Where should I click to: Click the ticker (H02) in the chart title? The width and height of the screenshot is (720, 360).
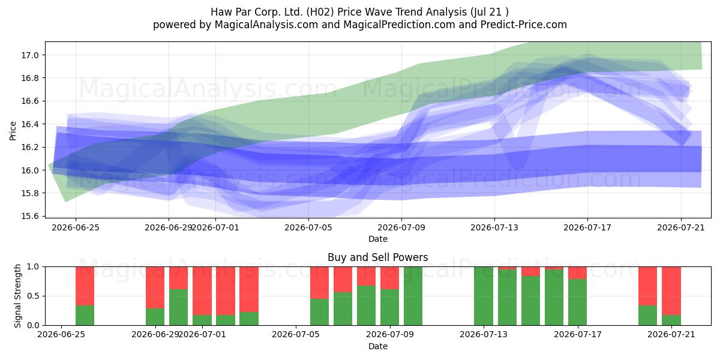click(x=322, y=12)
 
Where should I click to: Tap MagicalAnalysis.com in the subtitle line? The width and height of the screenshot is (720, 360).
click(x=266, y=25)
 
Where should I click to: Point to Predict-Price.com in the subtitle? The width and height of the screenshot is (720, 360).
click(x=524, y=25)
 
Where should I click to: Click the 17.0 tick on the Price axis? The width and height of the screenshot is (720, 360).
click(x=30, y=55)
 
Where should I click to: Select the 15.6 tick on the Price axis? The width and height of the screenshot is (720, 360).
click(x=30, y=217)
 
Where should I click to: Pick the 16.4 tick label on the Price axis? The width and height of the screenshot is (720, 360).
click(x=30, y=124)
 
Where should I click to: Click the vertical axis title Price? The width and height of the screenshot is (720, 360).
click(x=13, y=131)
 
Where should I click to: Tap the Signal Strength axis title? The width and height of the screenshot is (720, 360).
click(x=17, y=296)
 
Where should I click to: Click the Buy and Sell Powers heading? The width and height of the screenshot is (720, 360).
click(x=377, y=257)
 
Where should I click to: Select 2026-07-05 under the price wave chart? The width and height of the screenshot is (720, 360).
click(x=308, y=227)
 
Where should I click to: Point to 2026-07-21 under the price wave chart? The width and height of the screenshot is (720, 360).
click(x=681, y=227)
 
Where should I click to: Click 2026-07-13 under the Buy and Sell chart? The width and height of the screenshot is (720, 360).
click(x=484, y=335)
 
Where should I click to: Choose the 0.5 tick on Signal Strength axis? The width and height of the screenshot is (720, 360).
click(x=33, y=296)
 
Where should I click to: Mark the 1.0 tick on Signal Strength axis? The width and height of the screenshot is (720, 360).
click(x=33, y=267)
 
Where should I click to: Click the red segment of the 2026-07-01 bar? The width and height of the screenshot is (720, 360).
click(x=202, y=291)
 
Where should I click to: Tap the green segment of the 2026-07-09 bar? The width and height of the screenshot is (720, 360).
click(x=389, y=307)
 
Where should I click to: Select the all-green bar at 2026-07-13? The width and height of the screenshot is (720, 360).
click(x=484, y=296)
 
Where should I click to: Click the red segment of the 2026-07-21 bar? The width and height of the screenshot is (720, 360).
click(x=671, y=291)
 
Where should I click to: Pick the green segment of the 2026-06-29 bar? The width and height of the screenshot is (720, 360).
click(x=155, y=317)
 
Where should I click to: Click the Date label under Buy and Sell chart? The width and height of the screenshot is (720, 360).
click(x=377, y=347)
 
